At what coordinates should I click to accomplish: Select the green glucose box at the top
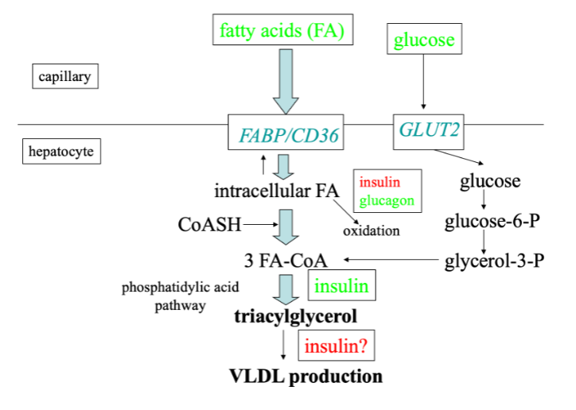coord(424,39)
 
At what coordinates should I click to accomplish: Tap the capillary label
coord(68,77)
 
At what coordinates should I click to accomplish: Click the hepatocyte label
coord(62,151)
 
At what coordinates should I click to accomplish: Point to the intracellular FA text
coord(278,191)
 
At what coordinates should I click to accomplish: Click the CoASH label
coord(209,225)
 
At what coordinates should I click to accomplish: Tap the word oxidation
coord(371,231)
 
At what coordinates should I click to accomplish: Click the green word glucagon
coord(387,201)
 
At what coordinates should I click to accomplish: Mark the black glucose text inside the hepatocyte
coord(490,181)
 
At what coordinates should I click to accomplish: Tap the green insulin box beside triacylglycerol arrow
coord(341,285)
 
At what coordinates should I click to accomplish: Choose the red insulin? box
coord(336,345)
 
